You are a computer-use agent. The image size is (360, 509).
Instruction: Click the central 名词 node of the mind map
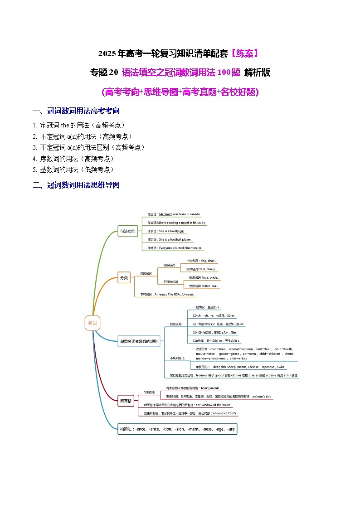pyautogui.click(x=92, y=323)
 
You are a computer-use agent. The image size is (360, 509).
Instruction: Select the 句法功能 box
pyautogui.click(x=127, y=231)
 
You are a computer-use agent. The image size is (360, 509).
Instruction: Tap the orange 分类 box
pyautogui.click(x=123, y=278)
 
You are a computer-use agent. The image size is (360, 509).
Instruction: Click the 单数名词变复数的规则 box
pyautogui.click(x=139, y=341)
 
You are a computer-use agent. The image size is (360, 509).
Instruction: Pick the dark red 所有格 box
pyautogui.click(x=126, y=401)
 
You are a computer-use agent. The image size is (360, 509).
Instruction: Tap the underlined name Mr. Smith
pyautogui.click(x=165, y=214)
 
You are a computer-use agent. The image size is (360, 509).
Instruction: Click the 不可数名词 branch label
pyautogui.click(x=170, y=282)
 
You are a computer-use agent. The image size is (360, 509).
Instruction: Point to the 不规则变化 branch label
pyautogui.click(x=177, y=358)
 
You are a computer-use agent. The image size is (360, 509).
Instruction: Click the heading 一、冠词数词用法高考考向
pyautogui.click(x=76, y=111)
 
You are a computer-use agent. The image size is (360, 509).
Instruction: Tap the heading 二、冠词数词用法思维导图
pyautogui.click(x=76, y=185)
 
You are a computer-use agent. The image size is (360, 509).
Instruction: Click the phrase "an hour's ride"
pyautogui.click(x=262, y=397)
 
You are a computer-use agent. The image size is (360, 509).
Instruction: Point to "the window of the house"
pyautogui.click(x=213, y=405)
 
